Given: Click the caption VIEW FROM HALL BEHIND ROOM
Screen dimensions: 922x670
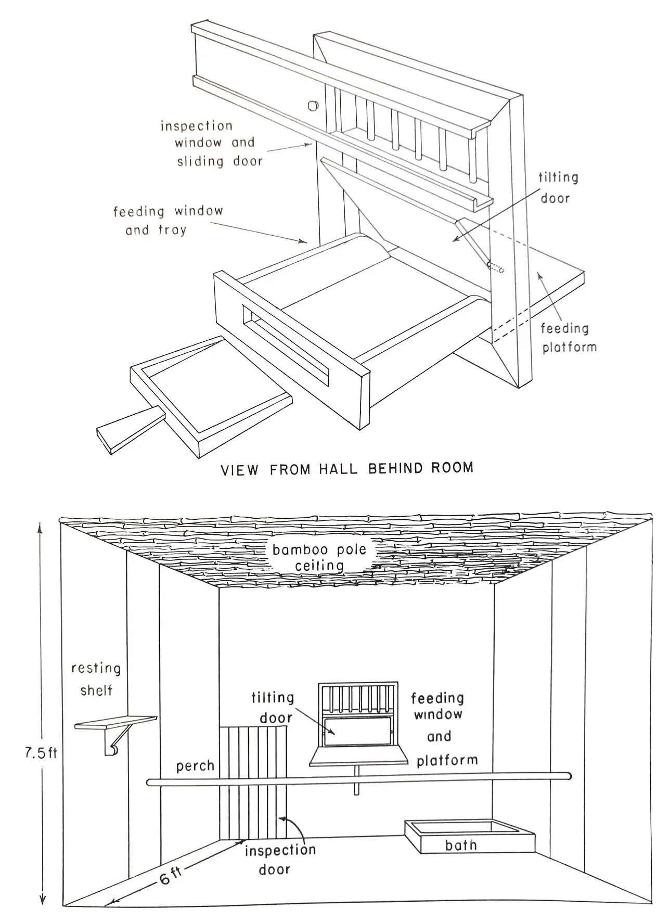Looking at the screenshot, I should (347, 468).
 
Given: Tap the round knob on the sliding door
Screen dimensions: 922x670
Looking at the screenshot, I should (313, 106).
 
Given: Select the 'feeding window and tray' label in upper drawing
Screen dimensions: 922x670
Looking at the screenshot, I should (167, 220).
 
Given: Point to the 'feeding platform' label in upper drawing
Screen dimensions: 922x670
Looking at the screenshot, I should (569, 338).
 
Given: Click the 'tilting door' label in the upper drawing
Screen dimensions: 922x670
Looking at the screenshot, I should (557, 187).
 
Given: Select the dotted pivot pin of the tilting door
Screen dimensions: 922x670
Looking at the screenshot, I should (496, 267).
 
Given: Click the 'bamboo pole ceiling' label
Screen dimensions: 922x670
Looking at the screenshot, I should (319, 557).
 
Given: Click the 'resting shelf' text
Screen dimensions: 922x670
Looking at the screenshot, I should (96, 679).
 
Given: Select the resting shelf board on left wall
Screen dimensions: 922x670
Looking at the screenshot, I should (116, 722).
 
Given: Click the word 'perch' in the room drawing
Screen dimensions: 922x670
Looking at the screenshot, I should (195, 766).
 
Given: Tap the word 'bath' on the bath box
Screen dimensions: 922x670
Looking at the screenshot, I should (461, 844).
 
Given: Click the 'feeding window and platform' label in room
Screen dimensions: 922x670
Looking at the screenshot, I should (444, 728).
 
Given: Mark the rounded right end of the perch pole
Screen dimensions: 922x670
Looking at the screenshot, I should (568, 776).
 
